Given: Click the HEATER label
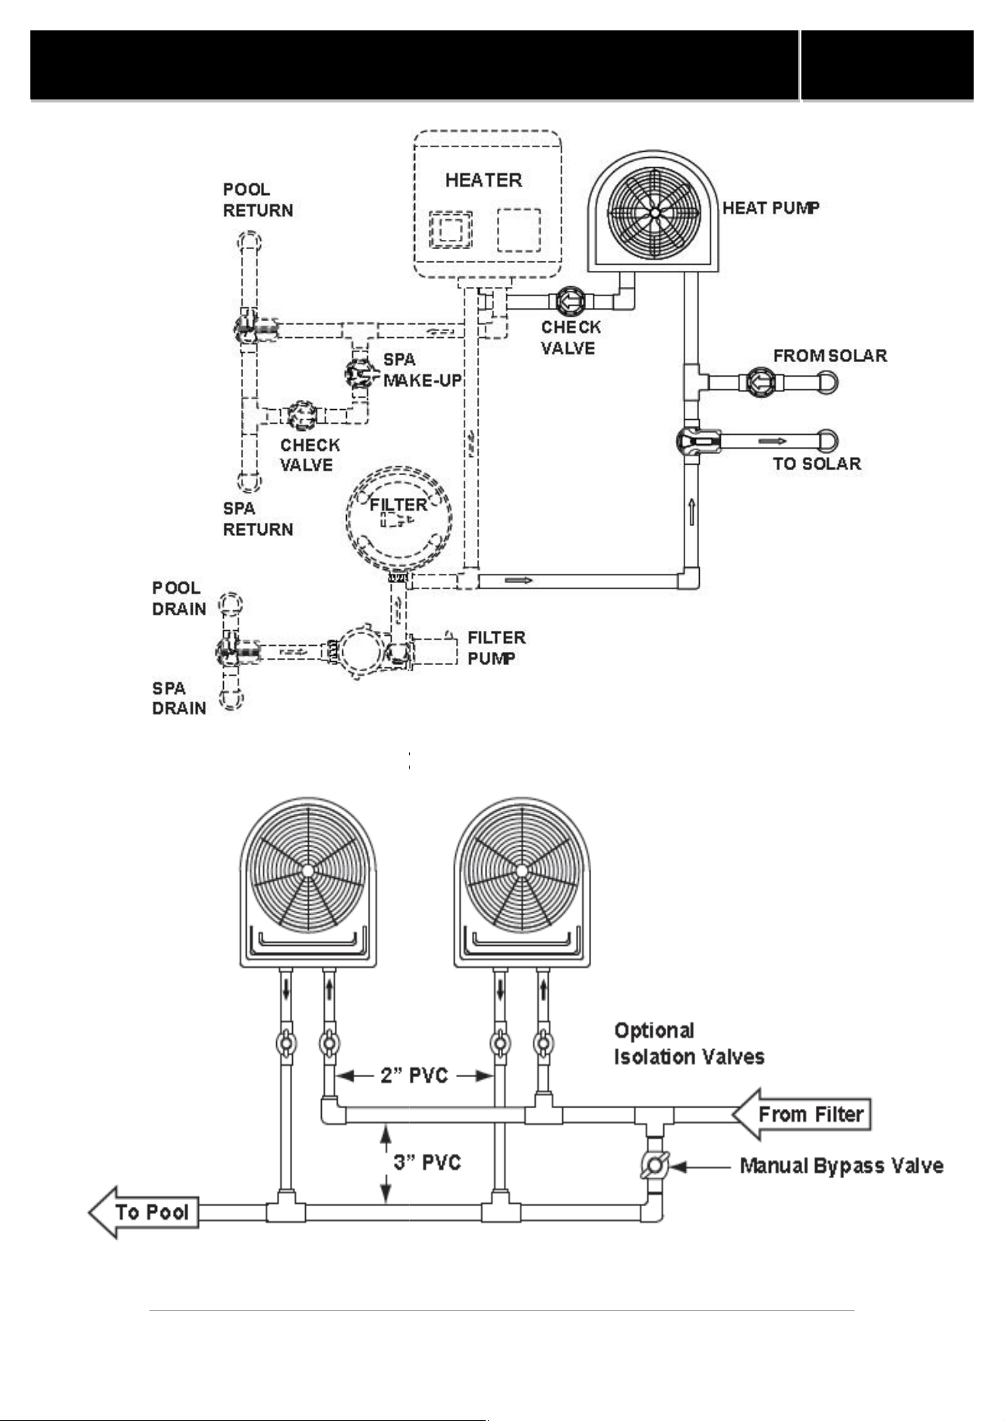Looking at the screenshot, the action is point(483,180).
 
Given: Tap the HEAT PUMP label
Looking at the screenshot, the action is point(771,208).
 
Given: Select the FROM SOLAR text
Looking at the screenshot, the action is point(830,355).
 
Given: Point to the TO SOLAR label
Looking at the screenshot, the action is point(817,464).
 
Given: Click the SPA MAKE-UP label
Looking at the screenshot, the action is point(422,370).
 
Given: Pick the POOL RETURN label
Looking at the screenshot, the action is point(258,200).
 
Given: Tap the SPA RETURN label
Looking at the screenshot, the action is point(258,518).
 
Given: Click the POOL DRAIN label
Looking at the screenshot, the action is point(179,598).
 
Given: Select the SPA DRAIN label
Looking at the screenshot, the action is point(179,698).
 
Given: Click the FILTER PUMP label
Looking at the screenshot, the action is point(496,647).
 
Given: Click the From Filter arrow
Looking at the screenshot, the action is point(801,1114).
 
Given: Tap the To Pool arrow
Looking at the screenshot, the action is point(144,1212).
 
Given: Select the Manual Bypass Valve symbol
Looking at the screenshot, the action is point(654,1165).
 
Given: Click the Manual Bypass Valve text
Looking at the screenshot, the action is point(842,1166).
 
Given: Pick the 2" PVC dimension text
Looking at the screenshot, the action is point(414,1076).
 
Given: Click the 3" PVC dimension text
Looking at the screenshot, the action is point(427,1162).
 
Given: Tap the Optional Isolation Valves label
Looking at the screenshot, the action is point(689,1044).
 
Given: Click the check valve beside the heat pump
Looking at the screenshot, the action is point(568,301).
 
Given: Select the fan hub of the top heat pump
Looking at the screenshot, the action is point(654,213).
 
